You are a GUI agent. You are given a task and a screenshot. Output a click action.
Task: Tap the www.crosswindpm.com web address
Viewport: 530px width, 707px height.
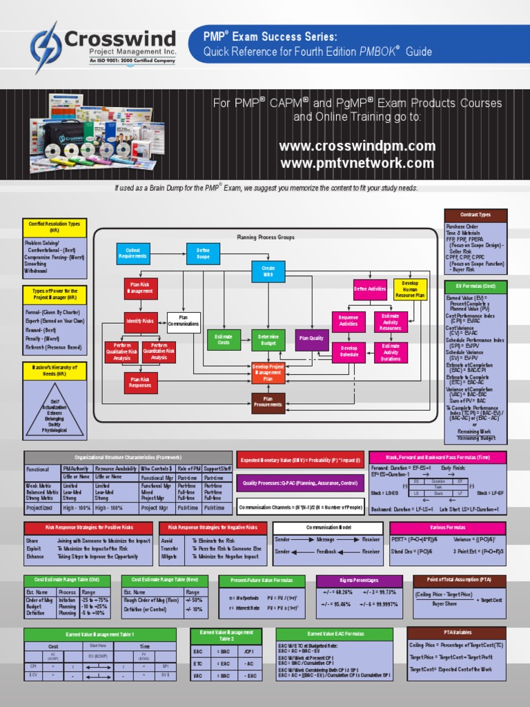[x=357, y=146]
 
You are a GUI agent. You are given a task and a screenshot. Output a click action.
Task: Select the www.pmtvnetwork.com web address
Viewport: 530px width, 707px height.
[x=357, y=164]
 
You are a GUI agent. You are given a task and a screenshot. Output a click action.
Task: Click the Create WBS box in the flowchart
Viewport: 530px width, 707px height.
[x=268, y=271]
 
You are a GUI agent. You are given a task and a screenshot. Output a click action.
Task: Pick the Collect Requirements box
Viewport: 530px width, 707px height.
[x=132, y=253]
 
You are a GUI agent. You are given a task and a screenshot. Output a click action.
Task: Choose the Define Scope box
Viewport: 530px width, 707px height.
[x=203, y=253]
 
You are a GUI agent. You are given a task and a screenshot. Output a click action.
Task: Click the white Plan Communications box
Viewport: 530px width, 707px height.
[x=184, y=321]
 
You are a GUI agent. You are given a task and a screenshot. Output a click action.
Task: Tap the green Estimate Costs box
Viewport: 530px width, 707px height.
[x=224, y=339]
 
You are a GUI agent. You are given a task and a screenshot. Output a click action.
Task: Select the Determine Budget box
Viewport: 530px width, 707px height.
[x=268, y=339]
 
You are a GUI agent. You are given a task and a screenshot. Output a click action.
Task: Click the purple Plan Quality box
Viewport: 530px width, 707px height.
[x=312, y=339]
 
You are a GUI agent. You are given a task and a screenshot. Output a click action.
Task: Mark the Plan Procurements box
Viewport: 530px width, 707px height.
[x=268, y=403]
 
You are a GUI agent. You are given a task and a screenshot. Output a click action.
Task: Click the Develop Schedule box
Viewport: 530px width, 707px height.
[x=349, y=352]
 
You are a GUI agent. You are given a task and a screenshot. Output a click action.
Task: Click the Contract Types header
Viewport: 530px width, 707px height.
[x=475, y=215]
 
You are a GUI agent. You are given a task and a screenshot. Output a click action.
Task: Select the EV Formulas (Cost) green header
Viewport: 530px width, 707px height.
[x=475, y=287]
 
